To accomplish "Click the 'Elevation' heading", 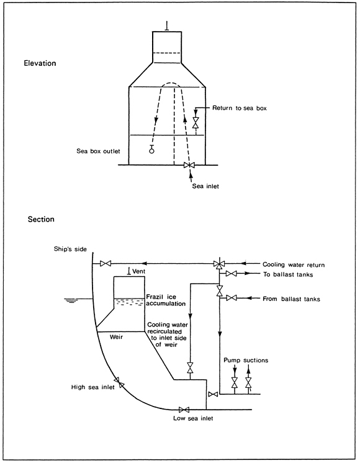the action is pos(40,63).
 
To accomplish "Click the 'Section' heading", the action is pos(41,219).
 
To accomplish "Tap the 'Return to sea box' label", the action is pos(240,108).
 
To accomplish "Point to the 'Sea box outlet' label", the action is pos(98,151).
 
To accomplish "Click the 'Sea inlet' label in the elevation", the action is pos(205,186).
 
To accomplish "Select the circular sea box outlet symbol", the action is pos(151,150).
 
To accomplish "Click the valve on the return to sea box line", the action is pos(196,122).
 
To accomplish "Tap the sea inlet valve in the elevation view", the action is pos(189,165).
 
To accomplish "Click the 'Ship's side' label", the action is pos(70,249).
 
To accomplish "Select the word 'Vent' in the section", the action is pos(139,271).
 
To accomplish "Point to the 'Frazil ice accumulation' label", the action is pos(166,300).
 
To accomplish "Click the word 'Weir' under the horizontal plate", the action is pos(116,336).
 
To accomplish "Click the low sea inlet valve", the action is pos(184,410).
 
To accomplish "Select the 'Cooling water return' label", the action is pos(294,265).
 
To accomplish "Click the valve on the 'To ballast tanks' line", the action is pos(232,274).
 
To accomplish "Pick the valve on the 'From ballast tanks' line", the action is pos(232,298).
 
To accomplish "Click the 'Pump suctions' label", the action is pos(246,360).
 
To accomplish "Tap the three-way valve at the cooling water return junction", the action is pos(219,264).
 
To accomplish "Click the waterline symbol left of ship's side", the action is pos(71,300).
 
